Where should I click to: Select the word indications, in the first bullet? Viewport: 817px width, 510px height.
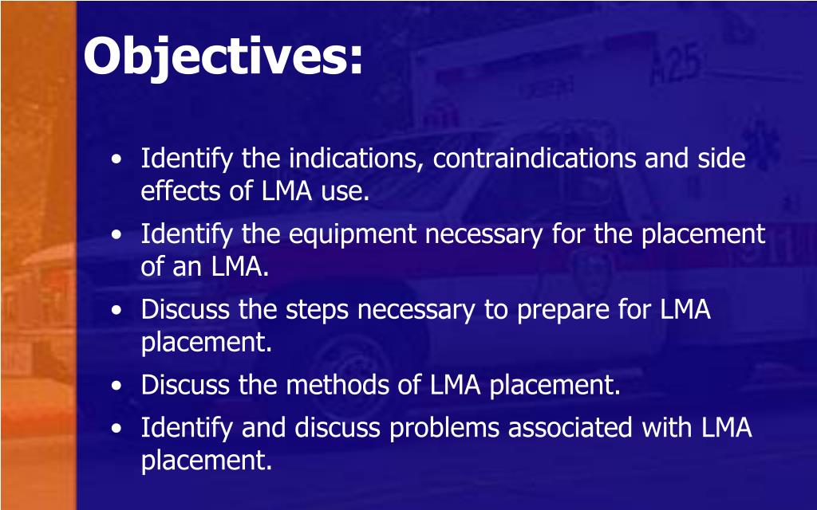point(357,159)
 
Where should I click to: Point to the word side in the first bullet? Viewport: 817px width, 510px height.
point(721,159)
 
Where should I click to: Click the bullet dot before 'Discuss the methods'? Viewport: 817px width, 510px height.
point(117,386)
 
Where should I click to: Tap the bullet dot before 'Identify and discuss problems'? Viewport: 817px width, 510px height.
point(117,430)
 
